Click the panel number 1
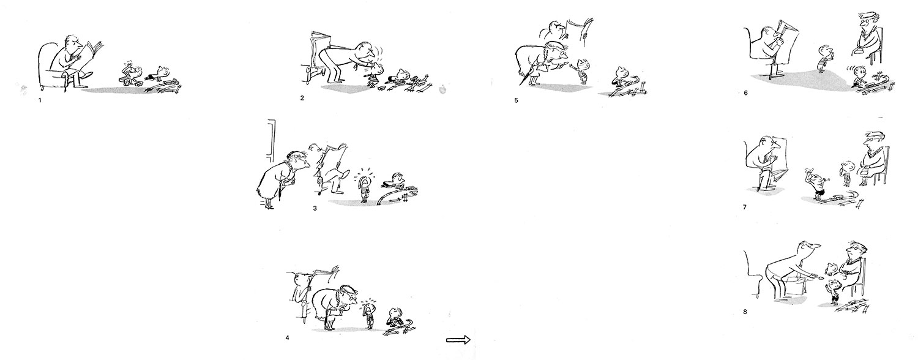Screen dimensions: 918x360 (40, 100)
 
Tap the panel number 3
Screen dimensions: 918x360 (315, 208)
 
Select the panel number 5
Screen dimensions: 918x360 (516, 100)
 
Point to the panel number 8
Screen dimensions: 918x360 (745, 312)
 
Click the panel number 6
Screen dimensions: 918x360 (745, 93)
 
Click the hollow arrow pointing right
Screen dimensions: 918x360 (458, 340)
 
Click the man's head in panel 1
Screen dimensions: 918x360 (73, 43)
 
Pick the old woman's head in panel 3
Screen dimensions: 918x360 (299, 160)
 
